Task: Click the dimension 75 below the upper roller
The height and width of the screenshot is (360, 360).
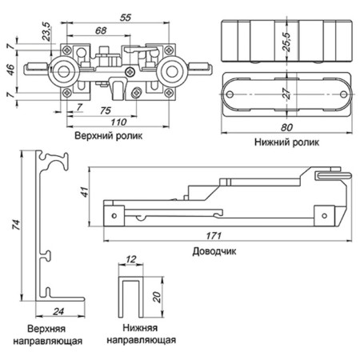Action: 105,109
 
